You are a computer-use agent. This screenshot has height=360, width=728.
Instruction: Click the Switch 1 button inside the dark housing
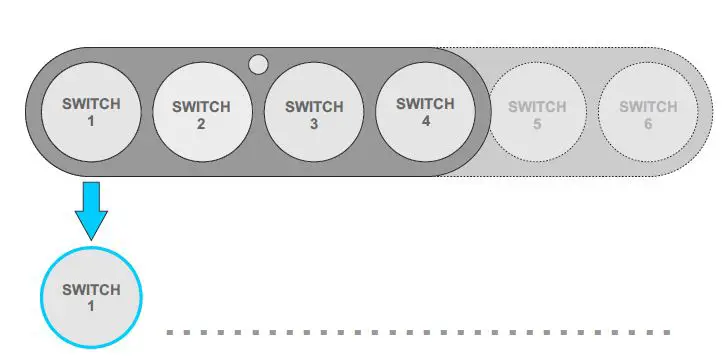click(x=90, y=112)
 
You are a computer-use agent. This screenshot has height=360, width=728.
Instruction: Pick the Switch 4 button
click(x=426, y=111)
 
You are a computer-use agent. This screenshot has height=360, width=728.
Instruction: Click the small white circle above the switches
click(x=258, y=65)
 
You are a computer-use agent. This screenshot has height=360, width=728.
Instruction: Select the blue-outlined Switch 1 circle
click(x=91, y=297)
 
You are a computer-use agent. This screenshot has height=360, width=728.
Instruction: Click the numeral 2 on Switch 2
click(x=202, y=124)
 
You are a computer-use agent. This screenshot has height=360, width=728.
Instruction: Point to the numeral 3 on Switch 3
click(x=314, y=124)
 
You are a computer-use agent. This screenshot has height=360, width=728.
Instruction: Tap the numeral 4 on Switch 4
click(x=426, y=121)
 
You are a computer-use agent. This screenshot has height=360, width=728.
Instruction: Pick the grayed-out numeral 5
click(x=537, y=124)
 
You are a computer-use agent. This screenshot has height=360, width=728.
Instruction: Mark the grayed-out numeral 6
click(x=648, y=124)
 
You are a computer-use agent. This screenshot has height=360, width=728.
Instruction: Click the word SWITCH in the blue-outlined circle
click(x=91, y=290)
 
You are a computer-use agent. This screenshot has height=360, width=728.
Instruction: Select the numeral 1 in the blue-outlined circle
click(x=91, y=306)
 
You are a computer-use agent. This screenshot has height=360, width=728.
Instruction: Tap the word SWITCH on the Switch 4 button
click(x=426, y=103)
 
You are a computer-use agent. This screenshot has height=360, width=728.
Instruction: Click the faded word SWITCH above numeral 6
click(x=648, y=106)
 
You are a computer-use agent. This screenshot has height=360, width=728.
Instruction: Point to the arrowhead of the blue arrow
click(x=91, y=226)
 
